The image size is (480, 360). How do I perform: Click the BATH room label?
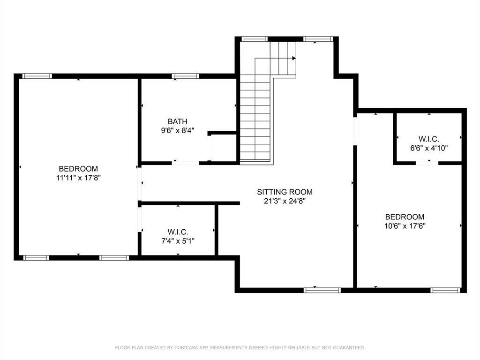[x=178, y=121]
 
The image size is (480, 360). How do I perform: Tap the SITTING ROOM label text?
[x=285, y=192]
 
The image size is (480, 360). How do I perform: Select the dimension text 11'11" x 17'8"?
[x=78, y=178]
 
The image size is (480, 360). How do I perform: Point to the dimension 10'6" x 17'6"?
[x=405, y=226]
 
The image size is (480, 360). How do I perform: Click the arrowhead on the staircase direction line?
[x=294, y=58]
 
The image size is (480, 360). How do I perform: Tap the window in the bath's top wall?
[x=185, y=76]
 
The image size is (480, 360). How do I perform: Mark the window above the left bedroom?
[x=37, y=76]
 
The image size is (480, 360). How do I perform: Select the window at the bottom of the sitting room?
[x=322, y=290]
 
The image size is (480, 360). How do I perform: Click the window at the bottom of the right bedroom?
[x=445, y=290]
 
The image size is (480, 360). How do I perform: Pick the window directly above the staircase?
[x=255, y=39]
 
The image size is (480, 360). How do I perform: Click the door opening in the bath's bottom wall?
[x=185, y=163]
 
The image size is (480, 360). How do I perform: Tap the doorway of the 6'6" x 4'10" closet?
[x=427, y=163]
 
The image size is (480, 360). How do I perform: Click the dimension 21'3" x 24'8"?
[x=285, y=201]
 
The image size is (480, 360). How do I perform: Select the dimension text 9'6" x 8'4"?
[x=178, y=131]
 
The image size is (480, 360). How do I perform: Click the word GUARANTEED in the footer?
[x=349, y=347]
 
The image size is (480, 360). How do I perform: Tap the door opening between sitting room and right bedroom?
[x=355, y=131]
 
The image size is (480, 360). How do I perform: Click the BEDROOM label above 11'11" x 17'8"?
[x=78, y=169]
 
